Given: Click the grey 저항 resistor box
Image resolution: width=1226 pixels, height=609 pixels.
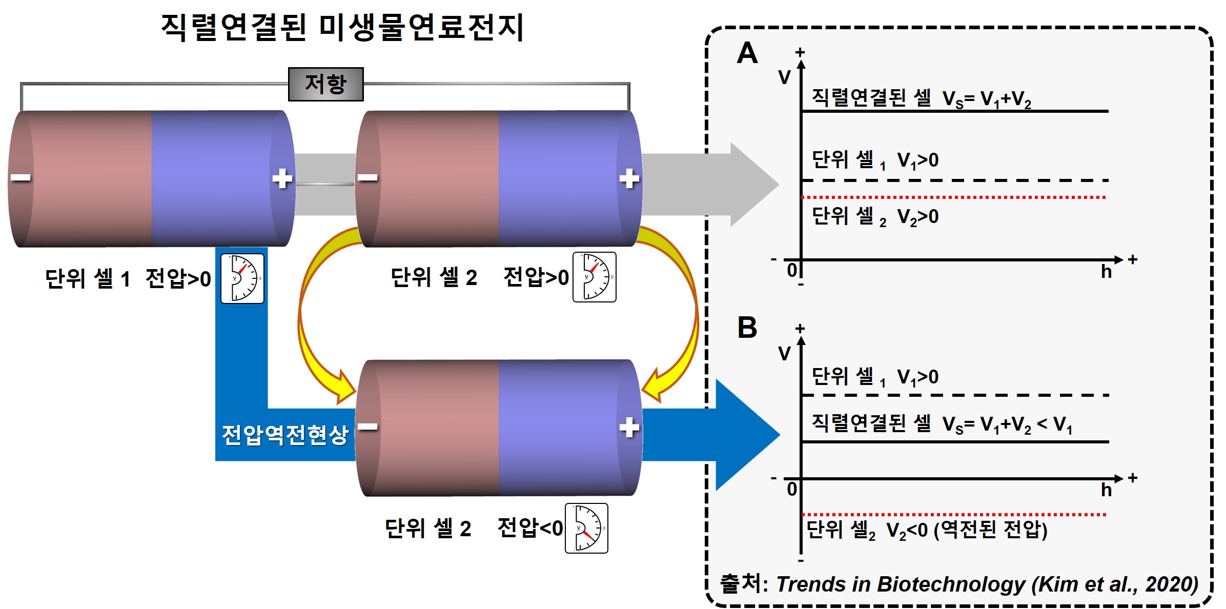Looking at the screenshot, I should (x=325, y=84).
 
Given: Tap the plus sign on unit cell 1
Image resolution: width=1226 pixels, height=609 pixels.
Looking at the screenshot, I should (x=282, y=178).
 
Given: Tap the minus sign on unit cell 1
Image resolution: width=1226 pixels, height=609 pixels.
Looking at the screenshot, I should (x=21, y=178).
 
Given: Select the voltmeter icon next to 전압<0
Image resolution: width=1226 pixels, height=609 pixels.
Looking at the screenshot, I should (x=586, y=528).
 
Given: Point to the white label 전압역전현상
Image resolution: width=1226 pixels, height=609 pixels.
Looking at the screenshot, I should (x=285, y=435).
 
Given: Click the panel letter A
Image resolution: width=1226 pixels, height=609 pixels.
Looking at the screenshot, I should (x=747, y=53).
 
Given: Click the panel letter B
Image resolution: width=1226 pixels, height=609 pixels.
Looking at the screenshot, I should (x=747, y=328).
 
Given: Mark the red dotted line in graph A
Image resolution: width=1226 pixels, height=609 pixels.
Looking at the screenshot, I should (x=953, y=197).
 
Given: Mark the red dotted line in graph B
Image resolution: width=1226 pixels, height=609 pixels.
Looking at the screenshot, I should (x=953, y=514).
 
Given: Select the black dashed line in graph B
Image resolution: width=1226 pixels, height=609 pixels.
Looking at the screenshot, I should (x=953, y=395).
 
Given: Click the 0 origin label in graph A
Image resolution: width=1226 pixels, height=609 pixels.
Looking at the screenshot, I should (x=792, y=270).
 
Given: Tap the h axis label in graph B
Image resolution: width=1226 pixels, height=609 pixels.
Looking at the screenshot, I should (x=1106, y=490).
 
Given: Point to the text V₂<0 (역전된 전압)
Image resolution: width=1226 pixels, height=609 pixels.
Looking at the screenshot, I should (x=967, y=530).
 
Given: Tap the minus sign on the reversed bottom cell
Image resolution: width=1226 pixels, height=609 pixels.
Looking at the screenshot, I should (x=367, y=427).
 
